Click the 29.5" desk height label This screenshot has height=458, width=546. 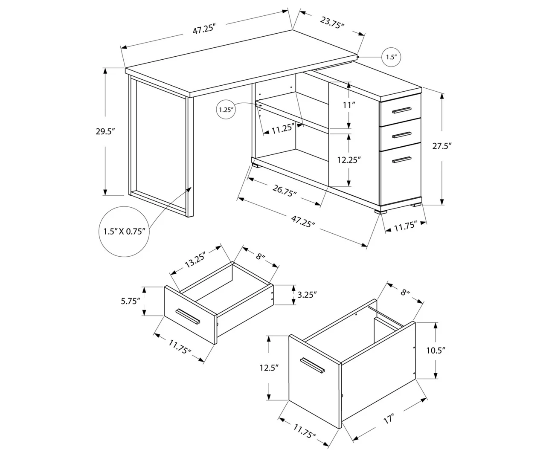106,131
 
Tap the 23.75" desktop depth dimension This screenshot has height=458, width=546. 332,23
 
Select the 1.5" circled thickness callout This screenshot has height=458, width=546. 391,56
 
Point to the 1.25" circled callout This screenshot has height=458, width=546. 226,110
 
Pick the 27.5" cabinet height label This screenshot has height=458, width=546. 442,146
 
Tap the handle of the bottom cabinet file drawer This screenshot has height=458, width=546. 402,159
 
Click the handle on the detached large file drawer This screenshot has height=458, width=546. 312,366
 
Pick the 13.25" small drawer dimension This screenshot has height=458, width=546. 196,260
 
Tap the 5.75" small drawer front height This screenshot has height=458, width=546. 130,301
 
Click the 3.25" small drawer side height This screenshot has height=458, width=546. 307,294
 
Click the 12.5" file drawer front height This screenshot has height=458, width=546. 269,367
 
